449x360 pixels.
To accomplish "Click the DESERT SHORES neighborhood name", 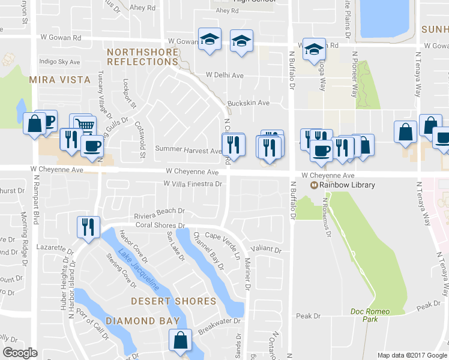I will click(173, 301).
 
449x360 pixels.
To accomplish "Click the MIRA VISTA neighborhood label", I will click(60, 79).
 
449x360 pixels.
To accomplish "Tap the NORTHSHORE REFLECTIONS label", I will click(143, 57).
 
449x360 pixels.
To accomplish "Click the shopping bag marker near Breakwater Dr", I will click(180, 340).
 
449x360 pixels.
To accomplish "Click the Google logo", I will click(20, 353).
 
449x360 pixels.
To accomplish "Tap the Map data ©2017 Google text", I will click(411, 355).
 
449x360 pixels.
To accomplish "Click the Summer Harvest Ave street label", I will click(188, 149).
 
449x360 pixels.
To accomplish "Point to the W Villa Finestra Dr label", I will click(193, 184).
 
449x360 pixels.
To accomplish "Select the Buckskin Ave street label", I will click(249, 103).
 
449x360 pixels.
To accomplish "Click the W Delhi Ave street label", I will click(224, 76).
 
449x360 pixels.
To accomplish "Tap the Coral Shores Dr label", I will click(160, 226).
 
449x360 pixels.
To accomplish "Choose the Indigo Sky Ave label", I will click(59, 62).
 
